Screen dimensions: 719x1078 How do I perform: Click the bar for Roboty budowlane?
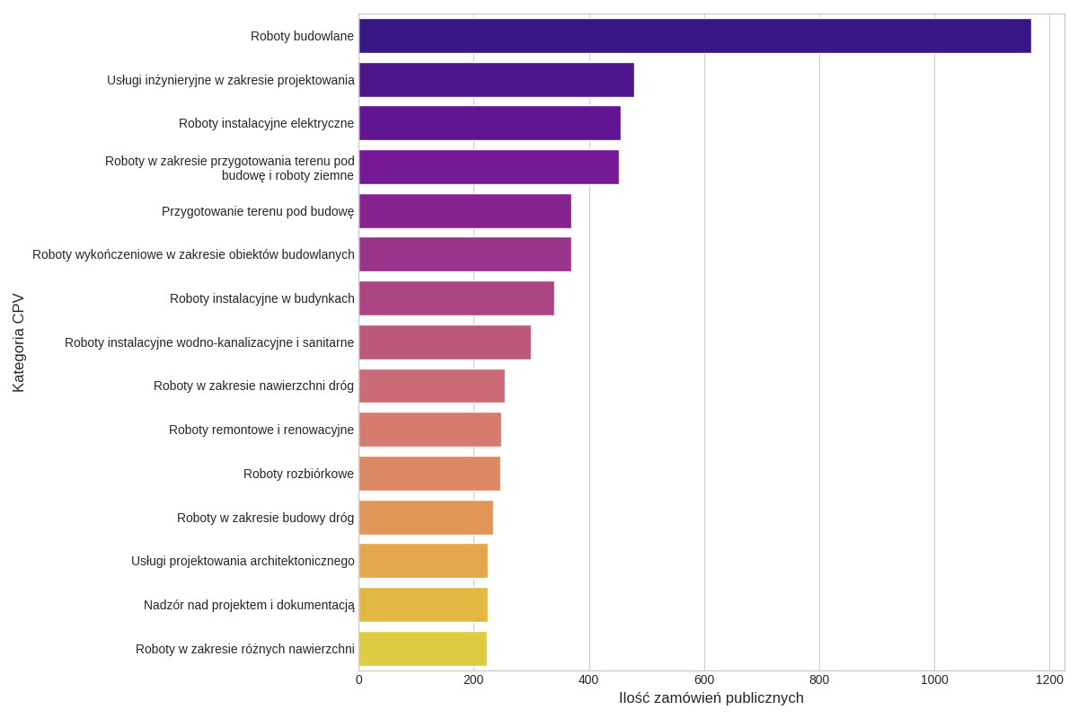pos(694,36)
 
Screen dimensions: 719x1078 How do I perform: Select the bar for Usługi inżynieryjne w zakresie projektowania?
pos(496,80)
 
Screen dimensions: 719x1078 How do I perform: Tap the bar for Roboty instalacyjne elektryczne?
pos(490,123)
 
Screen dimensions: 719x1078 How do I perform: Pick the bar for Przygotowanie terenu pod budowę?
pos(464,211)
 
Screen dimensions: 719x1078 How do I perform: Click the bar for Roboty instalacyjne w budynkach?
pos(456,298)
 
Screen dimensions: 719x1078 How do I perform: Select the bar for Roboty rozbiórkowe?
pos(429,474)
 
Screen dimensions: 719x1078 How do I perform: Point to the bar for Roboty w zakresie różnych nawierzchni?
pos(422,649)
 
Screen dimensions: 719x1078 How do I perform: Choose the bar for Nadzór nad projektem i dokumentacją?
pos(423,605)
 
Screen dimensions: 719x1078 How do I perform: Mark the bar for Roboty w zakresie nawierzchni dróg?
pos(431,386)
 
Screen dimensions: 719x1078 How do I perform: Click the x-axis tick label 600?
pos(704,679)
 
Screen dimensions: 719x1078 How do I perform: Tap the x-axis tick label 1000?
pos(934,679)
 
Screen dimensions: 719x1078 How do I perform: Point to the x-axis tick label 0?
pos(359,679)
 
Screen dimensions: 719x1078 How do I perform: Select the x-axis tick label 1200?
pos(1049,679)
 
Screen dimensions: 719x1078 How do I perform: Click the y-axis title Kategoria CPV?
pos(18,342)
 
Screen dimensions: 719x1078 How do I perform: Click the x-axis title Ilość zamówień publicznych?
pos(711,698)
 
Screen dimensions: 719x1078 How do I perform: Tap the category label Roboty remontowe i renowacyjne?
pos(261,430)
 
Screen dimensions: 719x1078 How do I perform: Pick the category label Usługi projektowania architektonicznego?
pos(243,561)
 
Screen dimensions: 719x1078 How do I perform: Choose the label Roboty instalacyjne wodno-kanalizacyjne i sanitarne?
pos(209,342)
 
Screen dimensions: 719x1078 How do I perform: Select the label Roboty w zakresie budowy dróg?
pos(265,518)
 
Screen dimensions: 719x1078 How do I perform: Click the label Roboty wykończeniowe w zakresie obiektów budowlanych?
pos(193,254)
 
